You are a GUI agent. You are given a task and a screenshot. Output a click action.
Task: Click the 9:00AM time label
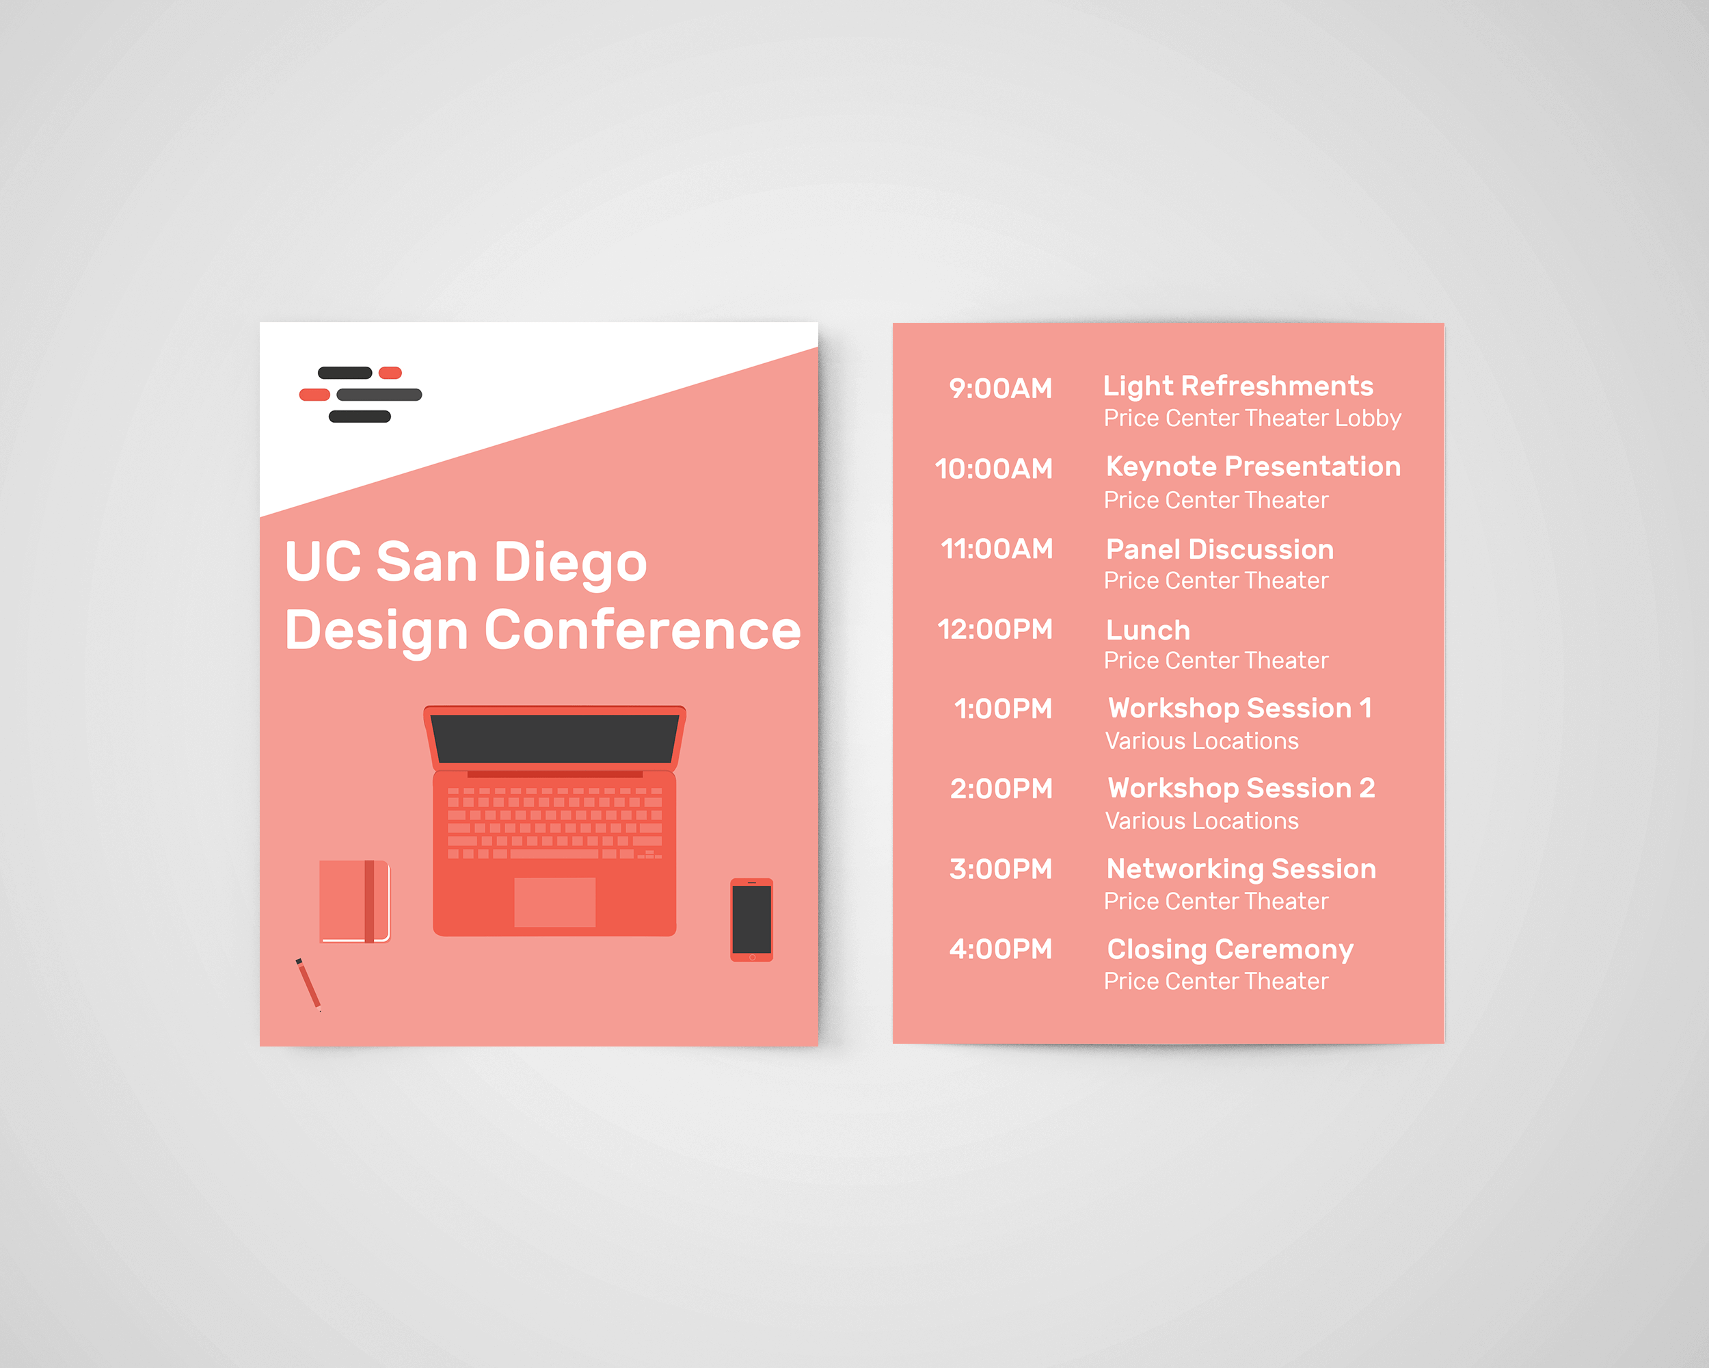[1000, 389]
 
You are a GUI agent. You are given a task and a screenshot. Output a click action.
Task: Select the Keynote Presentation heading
[1253, 466]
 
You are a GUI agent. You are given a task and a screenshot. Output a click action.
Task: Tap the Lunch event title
[1148, 631]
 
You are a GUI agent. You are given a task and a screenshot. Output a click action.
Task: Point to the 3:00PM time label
[1000, 869]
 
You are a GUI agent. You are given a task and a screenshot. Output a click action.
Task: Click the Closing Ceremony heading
[1230, 949]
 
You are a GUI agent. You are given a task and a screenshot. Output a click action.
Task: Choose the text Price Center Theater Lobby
[1252, 418]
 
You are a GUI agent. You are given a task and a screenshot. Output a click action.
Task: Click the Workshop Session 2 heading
[1241, 788]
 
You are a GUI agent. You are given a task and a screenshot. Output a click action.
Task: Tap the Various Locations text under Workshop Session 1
[1202, 741]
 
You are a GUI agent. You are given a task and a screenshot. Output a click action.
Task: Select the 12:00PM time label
[995, 630]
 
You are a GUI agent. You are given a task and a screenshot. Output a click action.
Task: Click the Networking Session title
[1241, 869]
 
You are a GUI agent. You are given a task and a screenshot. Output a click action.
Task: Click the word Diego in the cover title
[570, 562]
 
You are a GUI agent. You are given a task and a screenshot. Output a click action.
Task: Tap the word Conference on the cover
[642, 631]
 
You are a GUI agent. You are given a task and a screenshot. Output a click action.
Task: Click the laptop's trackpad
[555, 902]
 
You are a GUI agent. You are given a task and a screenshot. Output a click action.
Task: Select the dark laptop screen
[555, 738]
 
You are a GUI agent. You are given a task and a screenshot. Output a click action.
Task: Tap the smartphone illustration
[751, 919]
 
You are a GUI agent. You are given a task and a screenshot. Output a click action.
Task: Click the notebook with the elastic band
[353, 901]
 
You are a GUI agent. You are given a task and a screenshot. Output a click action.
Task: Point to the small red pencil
[308, 984]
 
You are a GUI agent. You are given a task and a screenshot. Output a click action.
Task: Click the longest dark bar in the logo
[379, 394]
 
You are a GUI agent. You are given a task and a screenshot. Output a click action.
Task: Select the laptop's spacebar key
[554, 854]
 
